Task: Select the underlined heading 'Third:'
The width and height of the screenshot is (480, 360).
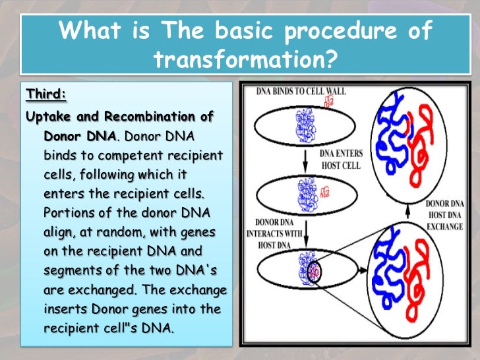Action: coord(46,94)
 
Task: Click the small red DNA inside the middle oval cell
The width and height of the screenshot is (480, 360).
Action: coord(324,192)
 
